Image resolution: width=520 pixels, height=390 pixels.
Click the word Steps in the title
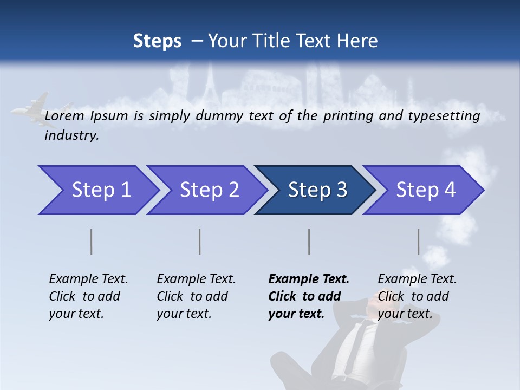[157, 41]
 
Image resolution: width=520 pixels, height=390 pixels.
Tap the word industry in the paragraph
[71, 135]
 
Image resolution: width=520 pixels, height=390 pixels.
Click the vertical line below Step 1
[92, 242]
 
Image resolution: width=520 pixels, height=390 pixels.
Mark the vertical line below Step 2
[200, 242]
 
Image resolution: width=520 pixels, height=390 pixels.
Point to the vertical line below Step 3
[309, 242]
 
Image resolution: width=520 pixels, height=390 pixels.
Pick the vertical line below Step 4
[419, 242]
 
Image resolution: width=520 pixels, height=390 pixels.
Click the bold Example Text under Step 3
[309, 279]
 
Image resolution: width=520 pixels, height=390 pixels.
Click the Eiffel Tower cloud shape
[210, 81]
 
